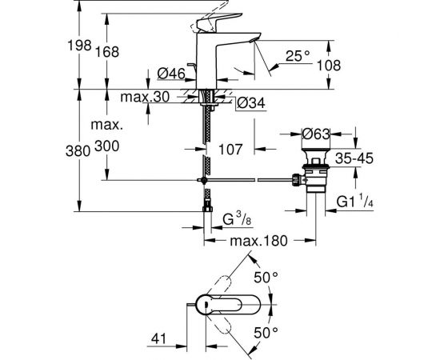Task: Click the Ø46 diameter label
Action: pyautogui.click(x=172, y=74)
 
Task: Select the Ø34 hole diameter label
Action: pyautogui.click(x=250, y=103)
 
